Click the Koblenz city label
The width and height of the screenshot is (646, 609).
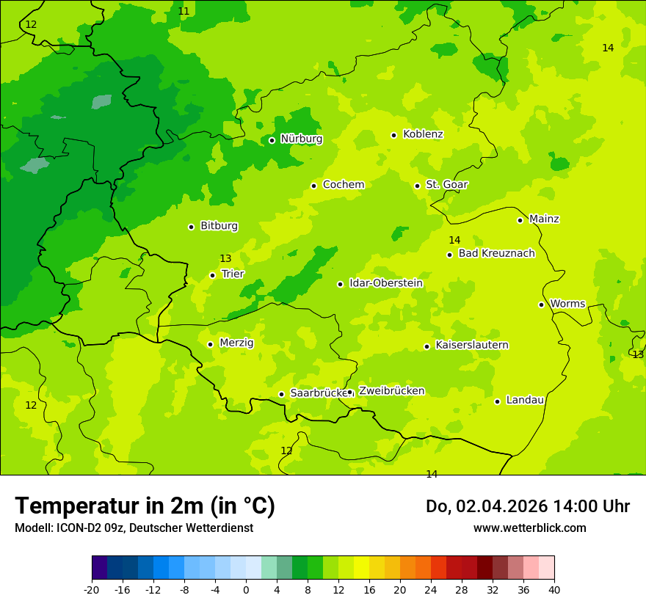pyautogui.click(x=423, y=134)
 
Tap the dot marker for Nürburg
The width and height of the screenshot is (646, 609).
pyautogui.click(x=272, y=140)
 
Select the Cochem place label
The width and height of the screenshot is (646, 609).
pyautogui.click(x=343, y=185)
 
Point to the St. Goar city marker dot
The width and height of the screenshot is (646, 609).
pyautogui.click(x=417, y=186)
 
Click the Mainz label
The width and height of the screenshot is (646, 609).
pyautogui.click(x=544, y=219)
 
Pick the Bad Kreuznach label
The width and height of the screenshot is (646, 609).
pyautogui.click(x=496, y=254)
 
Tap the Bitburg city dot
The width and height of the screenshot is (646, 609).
pyautogui.click(x=191, y=227)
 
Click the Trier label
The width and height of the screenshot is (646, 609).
pyautogui.click(x=233, y=274)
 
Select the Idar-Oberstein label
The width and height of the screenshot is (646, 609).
pyautogui.click(x=385, y=283)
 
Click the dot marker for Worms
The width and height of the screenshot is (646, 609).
pyautogui.click(x=541, y=304)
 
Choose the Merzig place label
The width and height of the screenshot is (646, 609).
pyautogui.click(x=236, y=343)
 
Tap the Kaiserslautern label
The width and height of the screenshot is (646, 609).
pyautogui.click(x=472, y=346)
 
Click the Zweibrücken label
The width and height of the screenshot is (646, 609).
pyautogui.click(x=391, y=391)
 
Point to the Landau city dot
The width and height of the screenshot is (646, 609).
pyautogui.click(x=497, y=401)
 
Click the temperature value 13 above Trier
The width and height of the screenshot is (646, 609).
pyautogui.click(x=225, y=259)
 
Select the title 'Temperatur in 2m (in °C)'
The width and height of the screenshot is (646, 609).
pyautogui.click(x=145, y=506)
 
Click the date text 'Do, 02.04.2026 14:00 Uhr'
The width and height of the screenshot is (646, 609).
pyautogui.click(x=528, y=507)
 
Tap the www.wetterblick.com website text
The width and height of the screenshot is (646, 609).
pyautogui.click(x=529, y=528)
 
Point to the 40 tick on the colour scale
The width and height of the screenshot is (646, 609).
pyautogui.click(x=554, y=590)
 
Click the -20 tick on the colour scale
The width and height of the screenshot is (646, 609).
pyautogui.click(x=92, y=590)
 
